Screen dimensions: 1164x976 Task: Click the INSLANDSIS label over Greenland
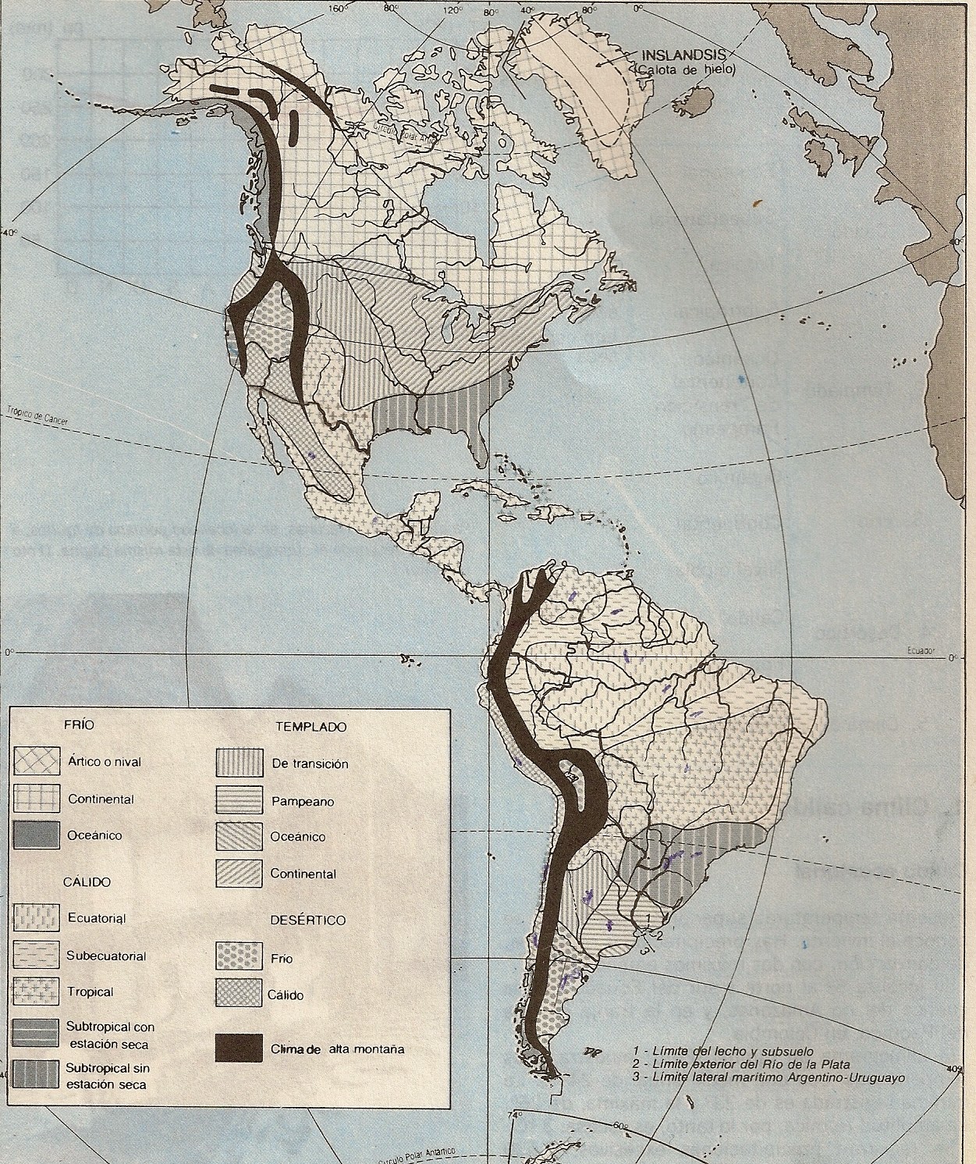[683, 55]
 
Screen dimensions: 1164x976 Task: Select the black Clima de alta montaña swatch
[238, 1048]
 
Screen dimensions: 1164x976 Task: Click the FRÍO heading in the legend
[79, 724]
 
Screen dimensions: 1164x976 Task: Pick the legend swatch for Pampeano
[238, 800]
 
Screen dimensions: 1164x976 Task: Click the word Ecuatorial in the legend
[97, 917]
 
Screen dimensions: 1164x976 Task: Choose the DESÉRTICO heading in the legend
[307, 920]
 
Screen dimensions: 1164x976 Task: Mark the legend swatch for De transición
[238, 763]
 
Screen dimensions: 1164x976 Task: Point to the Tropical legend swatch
[36, 991]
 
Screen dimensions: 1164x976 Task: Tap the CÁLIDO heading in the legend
[87, 882]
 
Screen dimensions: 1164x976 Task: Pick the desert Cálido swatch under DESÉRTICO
[238, 994]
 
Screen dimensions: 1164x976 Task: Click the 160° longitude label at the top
[336, 9]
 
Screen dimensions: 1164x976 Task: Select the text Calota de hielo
[685, 69]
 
